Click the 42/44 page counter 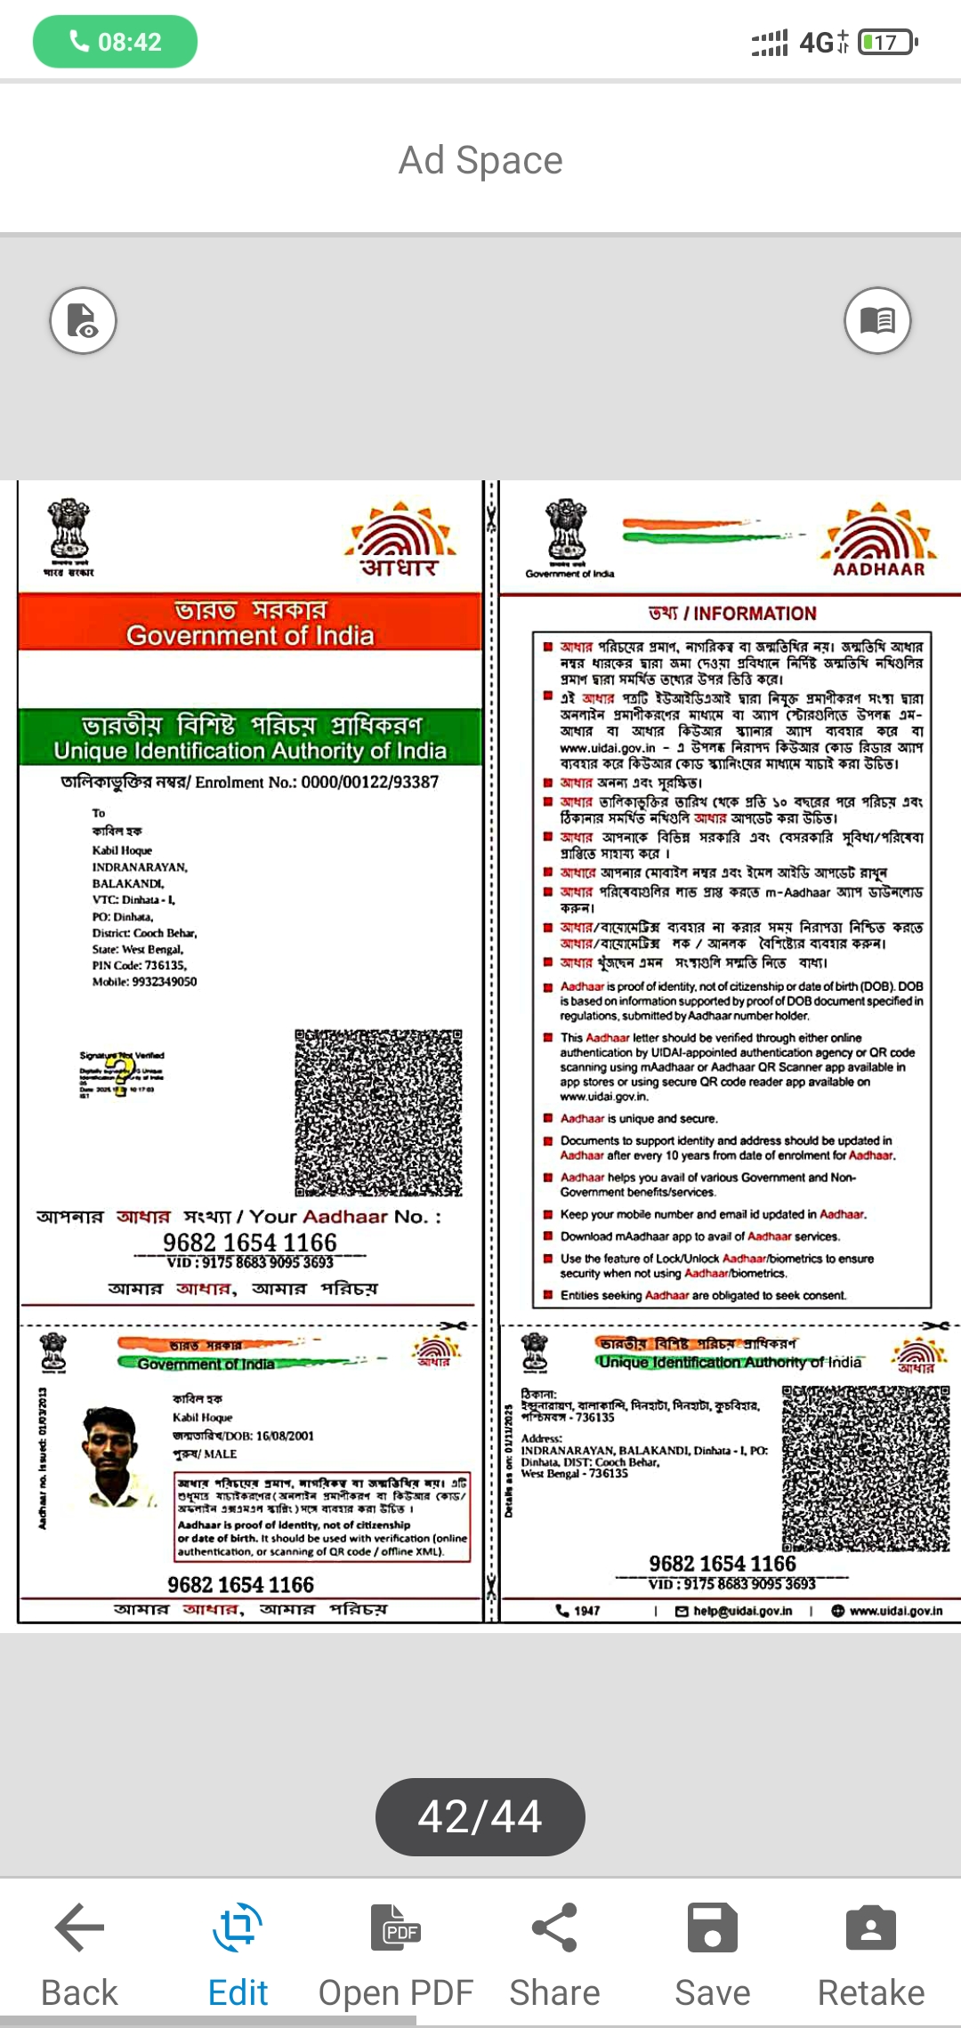click(x=480, y=1816)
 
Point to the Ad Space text click(x=480, y=161)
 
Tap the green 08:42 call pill click(x=115, y=42)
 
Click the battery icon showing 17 click(x=886, y=42)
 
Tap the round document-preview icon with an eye click(x=83, y=320)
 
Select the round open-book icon click(x=877, y=320)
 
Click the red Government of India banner click(x=250, y=623)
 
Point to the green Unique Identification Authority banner click(x=250, y=737)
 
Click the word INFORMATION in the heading click(x=755, y=614)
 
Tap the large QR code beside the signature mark click(x=378, y=1113)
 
